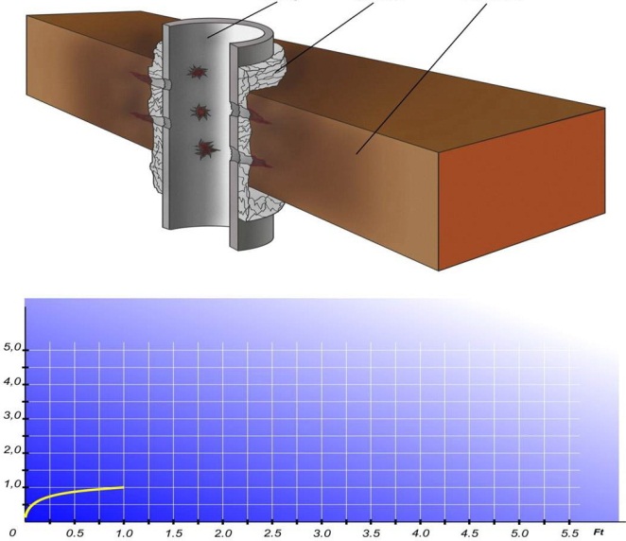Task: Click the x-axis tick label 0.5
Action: click(75, 533)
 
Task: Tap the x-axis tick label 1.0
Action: click(125, 533)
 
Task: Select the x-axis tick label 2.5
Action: click(272, 533)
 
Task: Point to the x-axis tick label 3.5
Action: click(372, 533)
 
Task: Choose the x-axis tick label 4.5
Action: click(470, 533)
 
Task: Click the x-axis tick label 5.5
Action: click(569, 533)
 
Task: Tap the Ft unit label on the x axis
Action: click(599, 532)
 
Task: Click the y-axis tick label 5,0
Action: click(12, 347)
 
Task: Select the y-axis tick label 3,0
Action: click(12, 415)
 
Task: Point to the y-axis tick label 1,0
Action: click(12, 484)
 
